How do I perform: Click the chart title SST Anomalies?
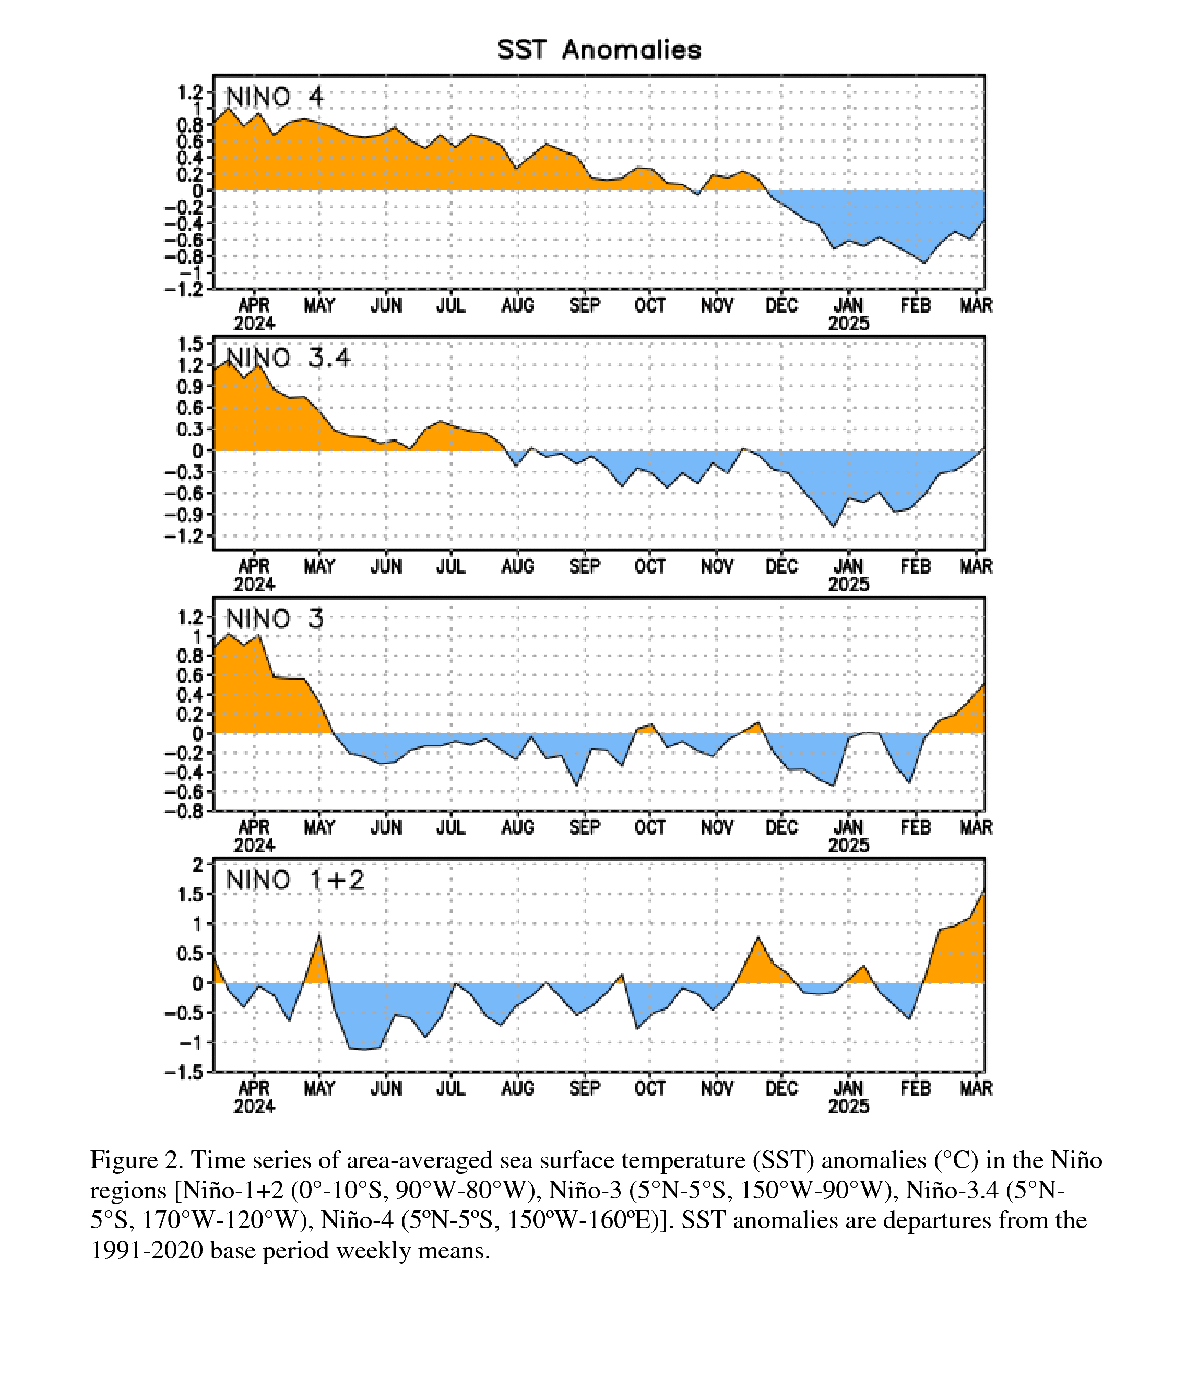pyautogui.click(x=599, y=50)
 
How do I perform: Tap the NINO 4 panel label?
pyautogui.click(x=275, y=98)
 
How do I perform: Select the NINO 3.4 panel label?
pyautogui.click(x=288, y=359)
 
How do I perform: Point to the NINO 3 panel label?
pyautogui.click(x=275, y=619)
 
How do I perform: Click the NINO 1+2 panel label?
pyautogui.click(x=295, y=880)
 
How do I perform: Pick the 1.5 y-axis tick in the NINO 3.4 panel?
pyautogui.click(x=191, y=345)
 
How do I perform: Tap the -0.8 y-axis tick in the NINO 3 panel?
pyautogui.click(x=184, y=812)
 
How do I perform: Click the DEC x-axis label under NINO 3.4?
pyautogui.click(x=781, y=567)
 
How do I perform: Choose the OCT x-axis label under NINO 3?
pyautogui.click(x=650, y=828)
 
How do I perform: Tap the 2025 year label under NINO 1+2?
pyautogui.click(x=849, y=1107)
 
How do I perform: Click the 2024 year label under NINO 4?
pyautogui.click(x=254, y=324)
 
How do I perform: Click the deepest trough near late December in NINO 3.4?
pyautogui.click(x=834, y=526)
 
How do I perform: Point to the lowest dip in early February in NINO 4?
pyautogui.click(x=924, y=263)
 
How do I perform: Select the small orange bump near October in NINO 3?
pyautogui.click(x=646, y=728)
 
